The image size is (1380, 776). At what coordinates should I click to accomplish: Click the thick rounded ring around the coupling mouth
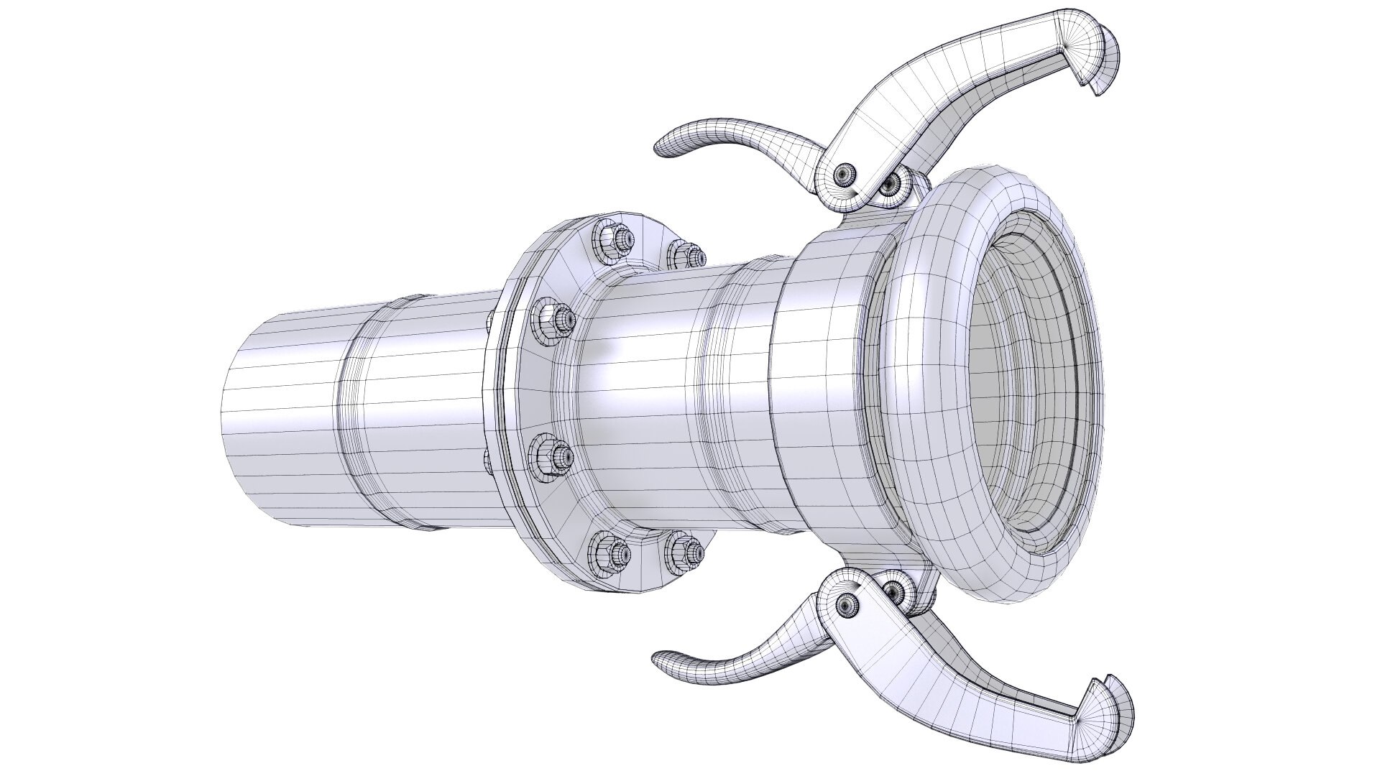click(916, 402)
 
